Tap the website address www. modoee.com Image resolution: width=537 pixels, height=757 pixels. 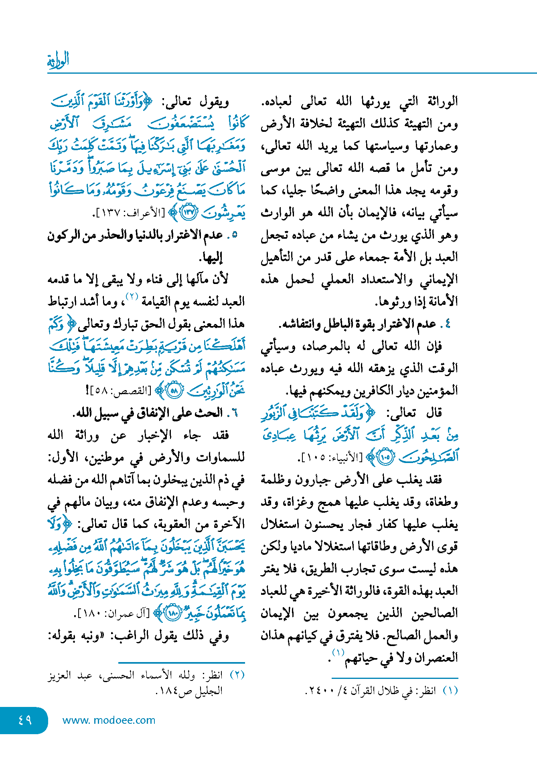(x=109, y=720)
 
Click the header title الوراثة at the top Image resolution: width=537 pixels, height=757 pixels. (x=58, y=60)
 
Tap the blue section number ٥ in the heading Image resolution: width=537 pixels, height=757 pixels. (x=235, y=235)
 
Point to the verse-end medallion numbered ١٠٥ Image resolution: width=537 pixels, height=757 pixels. (x=386, y=457)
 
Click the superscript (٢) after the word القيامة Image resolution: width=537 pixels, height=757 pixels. (x=132, y=296)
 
